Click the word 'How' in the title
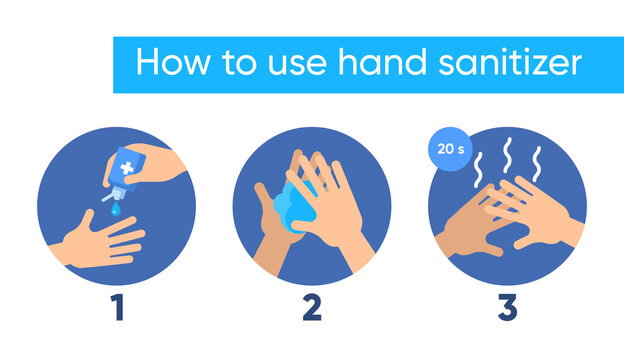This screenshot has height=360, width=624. click(x=171, y=63)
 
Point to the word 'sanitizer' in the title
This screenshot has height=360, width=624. click(x=515, y=63)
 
